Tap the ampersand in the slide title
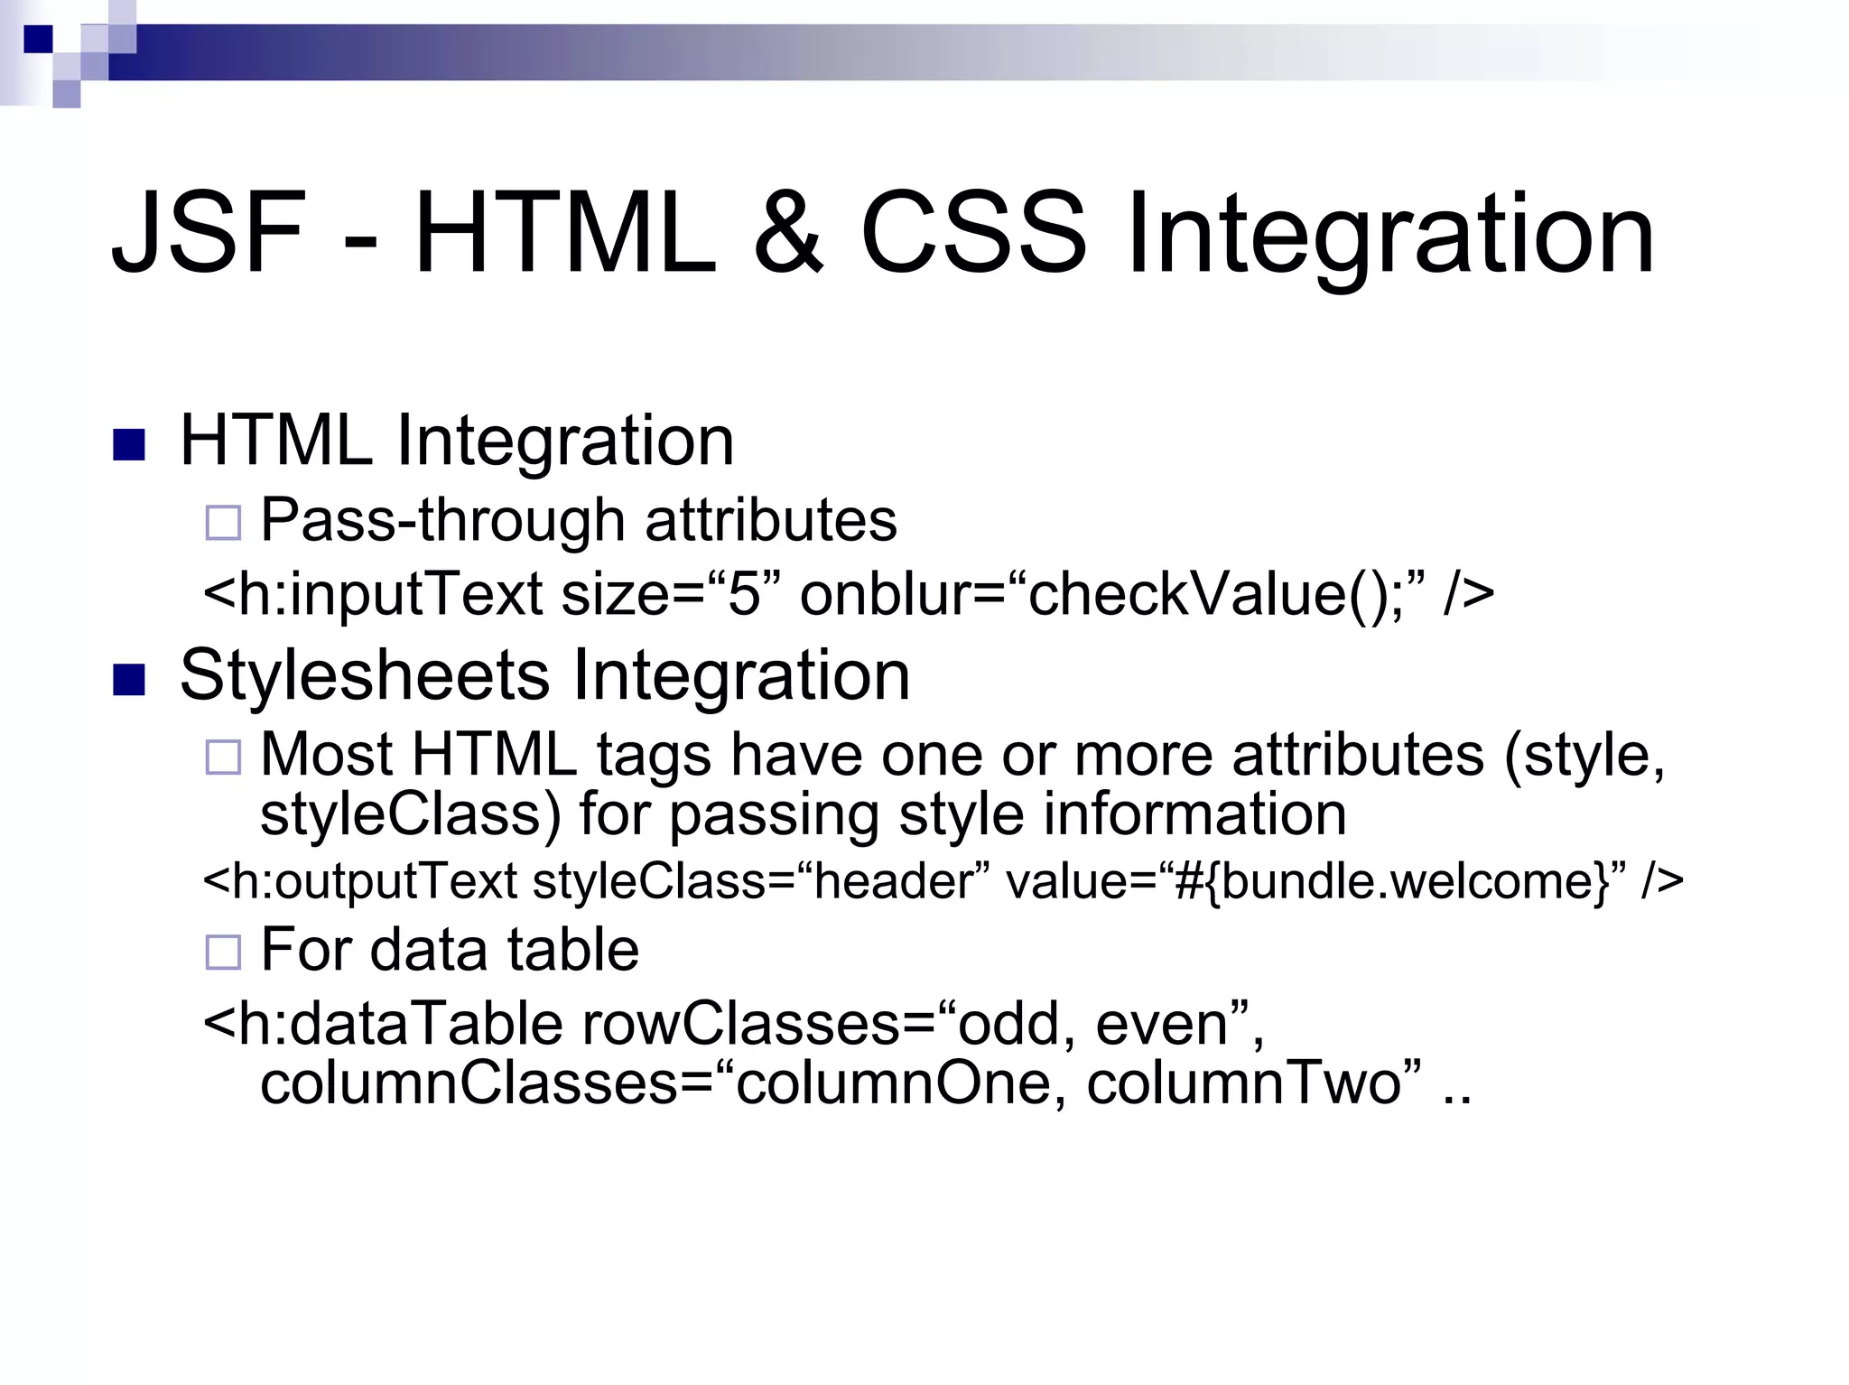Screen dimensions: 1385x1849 [788, 232]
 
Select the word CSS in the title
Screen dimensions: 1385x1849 [973, 232]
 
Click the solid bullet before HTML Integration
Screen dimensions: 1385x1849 [129, 444]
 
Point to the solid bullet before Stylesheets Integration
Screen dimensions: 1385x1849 [129, 680]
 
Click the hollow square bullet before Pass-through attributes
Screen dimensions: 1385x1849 [223, 523]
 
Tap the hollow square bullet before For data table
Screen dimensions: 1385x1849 [223, 953]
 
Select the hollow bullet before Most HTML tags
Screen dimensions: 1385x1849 [223, 757]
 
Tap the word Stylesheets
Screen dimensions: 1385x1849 [365, 675]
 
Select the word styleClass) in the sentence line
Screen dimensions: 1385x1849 [411, 814]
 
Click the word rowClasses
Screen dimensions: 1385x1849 [740, 1024]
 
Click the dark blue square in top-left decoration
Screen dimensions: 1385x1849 [38, 39]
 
